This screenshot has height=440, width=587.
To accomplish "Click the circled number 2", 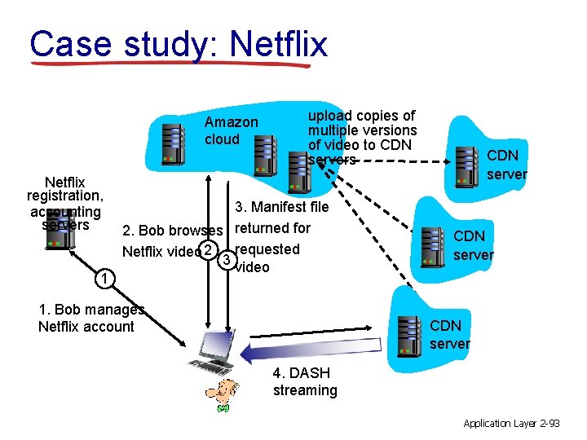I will pos(210,249).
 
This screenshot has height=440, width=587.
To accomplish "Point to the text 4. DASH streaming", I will pos(305,381).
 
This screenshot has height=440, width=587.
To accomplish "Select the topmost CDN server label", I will pos(506,164).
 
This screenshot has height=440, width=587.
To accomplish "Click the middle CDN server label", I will pos(473,245).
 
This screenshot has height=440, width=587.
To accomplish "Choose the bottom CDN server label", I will pos(450,334).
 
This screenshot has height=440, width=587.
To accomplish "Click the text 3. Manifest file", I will pos(281,207).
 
